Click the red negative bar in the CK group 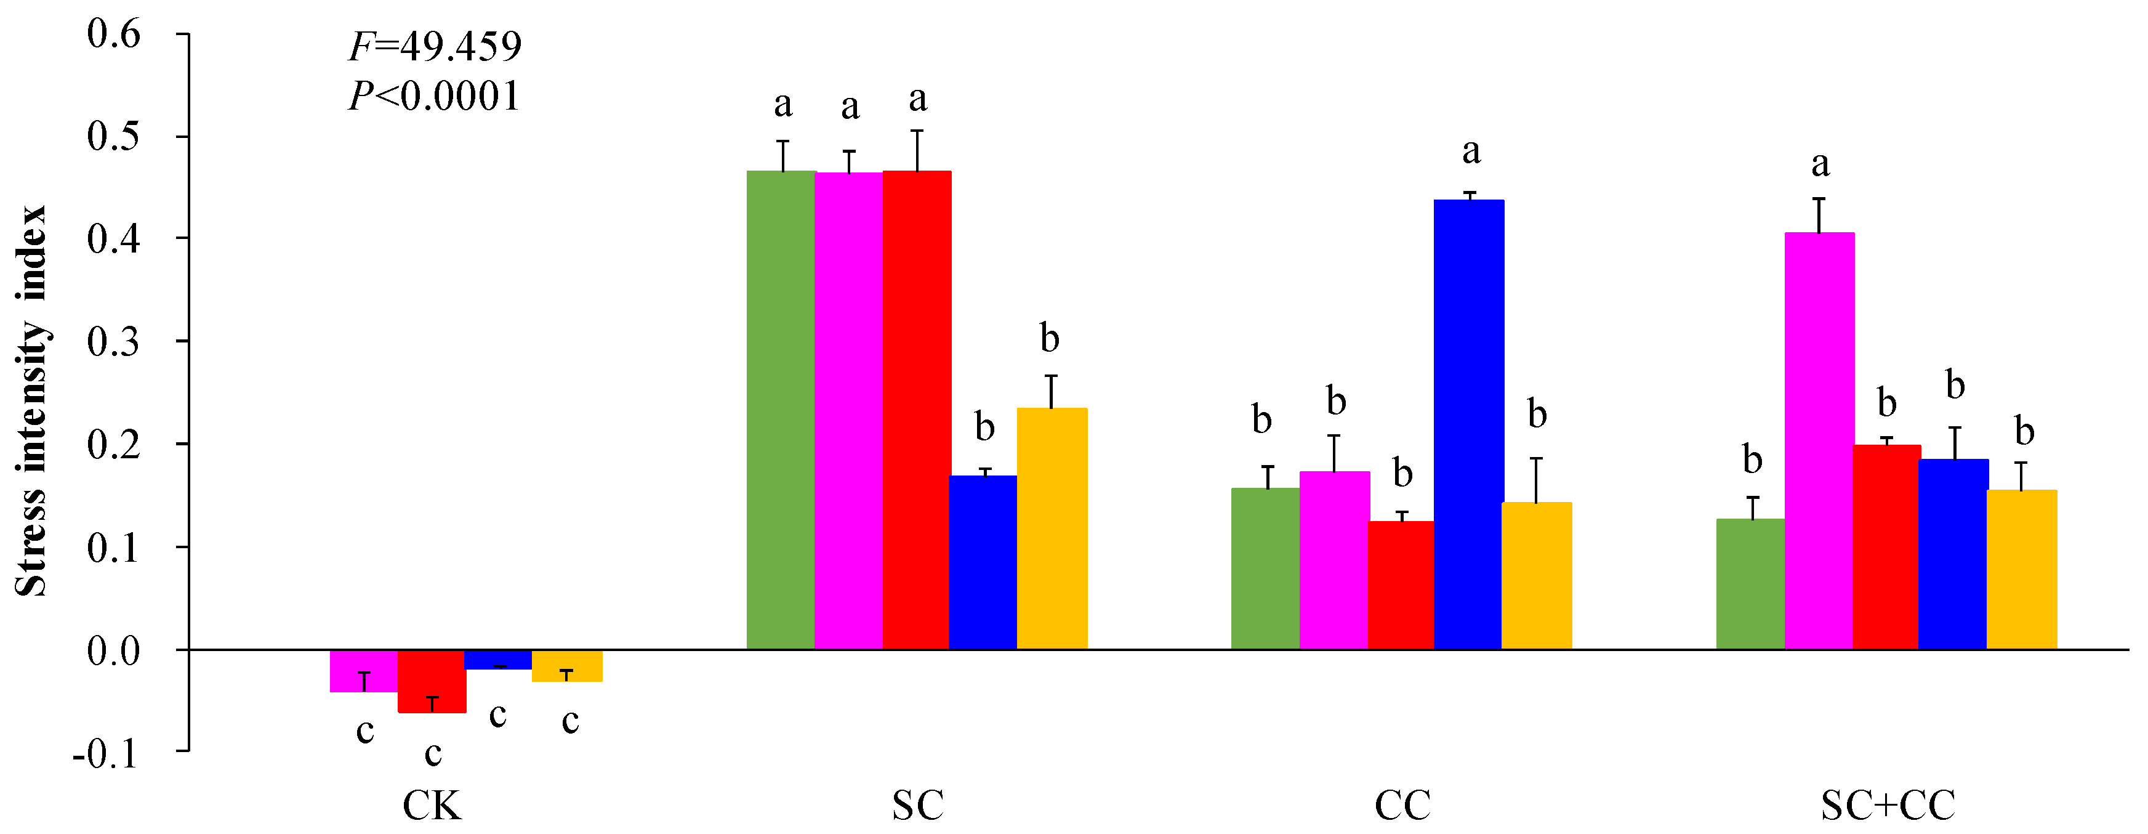pos(432,681)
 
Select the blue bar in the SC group pos(983,562)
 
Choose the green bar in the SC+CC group pos(1750,584)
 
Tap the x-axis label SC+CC pos(1888,806)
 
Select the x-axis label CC pos(1402,806)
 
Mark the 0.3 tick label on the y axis pos(115,342)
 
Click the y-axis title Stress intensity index pos(31,400)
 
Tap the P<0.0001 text pos(433,96)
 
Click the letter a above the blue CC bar pos(1471,152)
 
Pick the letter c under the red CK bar pos(433,754)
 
